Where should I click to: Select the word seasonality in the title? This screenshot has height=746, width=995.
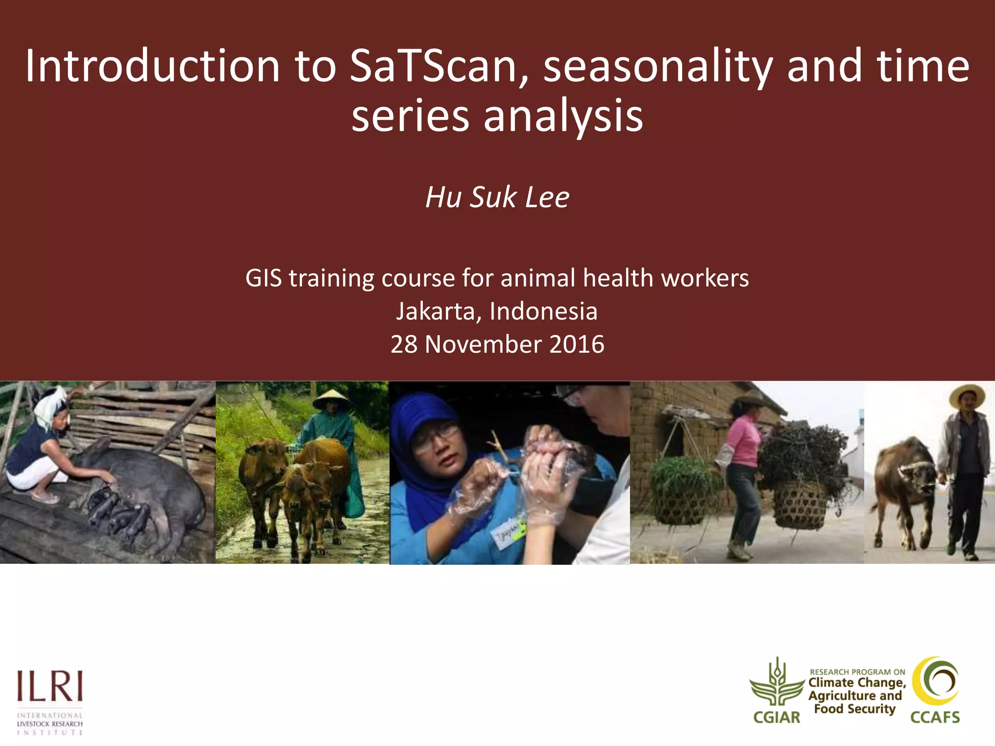coord(657,67)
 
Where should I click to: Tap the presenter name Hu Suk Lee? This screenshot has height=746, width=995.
coord(497,197)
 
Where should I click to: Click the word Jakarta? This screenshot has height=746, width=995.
coord(435,311)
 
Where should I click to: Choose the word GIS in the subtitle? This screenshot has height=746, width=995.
coord(263,278)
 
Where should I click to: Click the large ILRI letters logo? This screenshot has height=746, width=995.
coord(50,686)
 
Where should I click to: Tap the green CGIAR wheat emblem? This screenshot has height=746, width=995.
coord(777,682)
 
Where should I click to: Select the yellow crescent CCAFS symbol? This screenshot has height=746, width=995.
coord(936,681)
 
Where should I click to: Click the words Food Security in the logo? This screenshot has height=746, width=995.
coord(855,709)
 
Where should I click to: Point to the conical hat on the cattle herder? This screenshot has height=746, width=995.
coord(331,400)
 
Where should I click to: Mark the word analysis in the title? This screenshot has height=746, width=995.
coord(563,116)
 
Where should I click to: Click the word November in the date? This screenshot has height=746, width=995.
coord(483,344)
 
